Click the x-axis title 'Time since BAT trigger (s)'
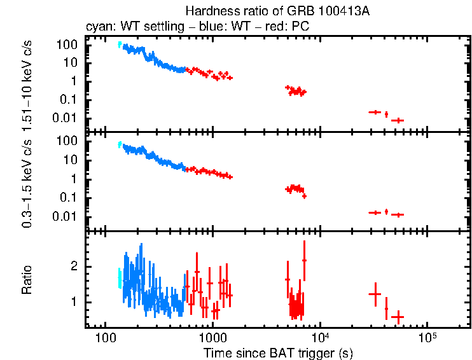278,352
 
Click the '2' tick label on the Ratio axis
74,267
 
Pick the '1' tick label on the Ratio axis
74,301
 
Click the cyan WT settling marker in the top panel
119,45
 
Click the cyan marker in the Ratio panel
119,278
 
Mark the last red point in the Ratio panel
398,316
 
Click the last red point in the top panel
398,120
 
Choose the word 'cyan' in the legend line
97,27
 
